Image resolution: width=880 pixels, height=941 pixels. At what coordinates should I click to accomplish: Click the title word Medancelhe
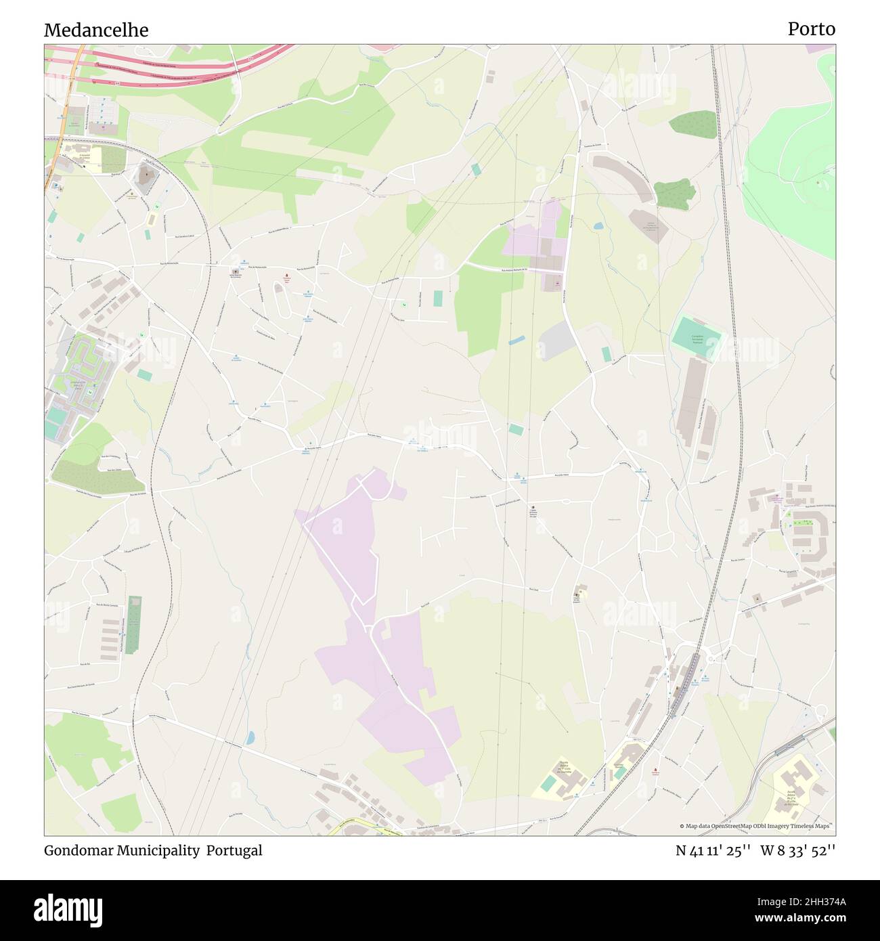96,30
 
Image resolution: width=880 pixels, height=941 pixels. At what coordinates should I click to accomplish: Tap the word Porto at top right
811,29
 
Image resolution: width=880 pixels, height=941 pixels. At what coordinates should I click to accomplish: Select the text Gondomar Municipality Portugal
153,850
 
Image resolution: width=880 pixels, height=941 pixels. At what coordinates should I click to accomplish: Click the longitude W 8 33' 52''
798,850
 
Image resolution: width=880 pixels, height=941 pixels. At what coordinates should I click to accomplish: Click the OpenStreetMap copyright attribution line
754,826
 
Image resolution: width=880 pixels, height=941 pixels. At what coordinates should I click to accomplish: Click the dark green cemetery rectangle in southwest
133,625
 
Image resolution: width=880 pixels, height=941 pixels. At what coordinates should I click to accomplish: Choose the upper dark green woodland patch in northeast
693,125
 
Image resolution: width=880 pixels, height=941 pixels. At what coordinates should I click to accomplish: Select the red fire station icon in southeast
655,770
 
